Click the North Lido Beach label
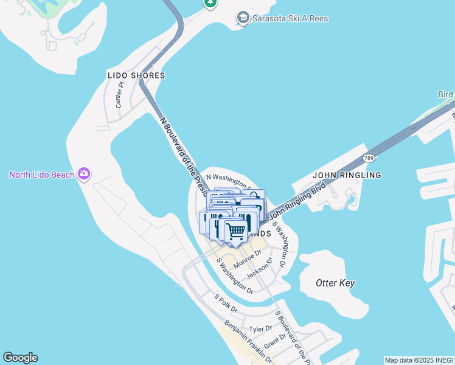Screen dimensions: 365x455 pos(41,175)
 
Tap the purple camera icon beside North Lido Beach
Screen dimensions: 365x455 pos(84,175)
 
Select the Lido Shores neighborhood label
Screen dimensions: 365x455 pos(136,75)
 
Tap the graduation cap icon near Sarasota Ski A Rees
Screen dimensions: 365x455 pos(243,18)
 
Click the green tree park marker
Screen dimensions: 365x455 pos(210,3)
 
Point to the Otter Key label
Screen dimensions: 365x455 pos(335,283)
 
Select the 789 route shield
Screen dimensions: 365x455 pos(368,158)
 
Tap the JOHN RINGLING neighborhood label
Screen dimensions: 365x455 pos(347,175)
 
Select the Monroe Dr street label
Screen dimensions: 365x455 pos(248,259)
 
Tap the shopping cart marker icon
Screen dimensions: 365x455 pos(235,231)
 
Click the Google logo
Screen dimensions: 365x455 pos(20,358)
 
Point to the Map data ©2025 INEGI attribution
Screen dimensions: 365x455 pos(419,360)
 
